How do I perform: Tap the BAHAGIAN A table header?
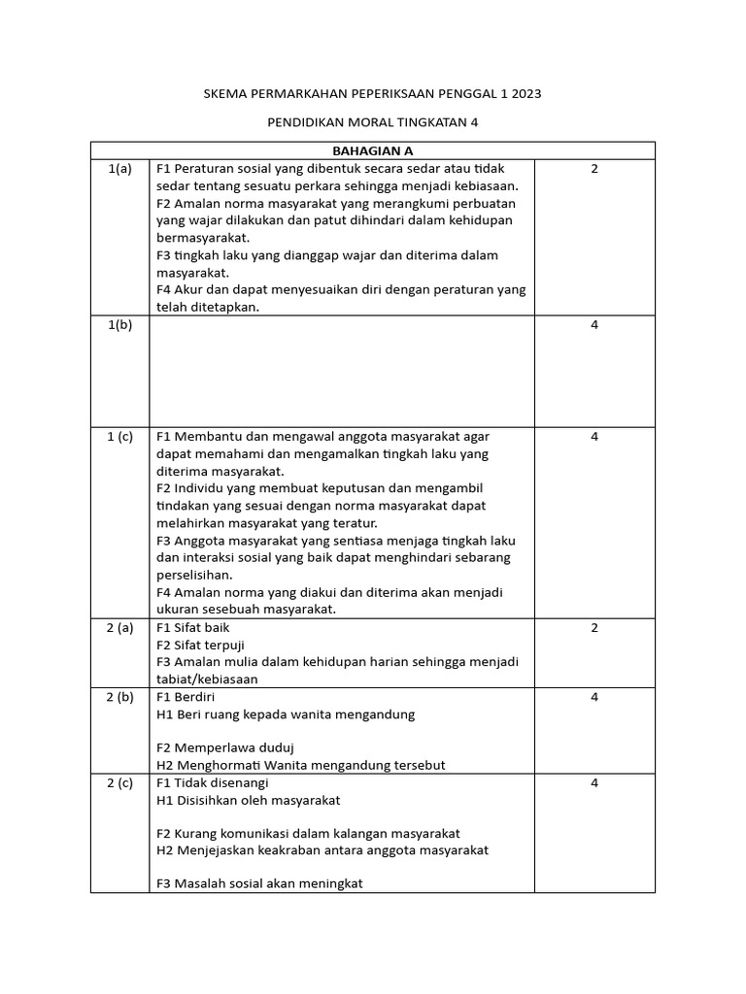point(373,150)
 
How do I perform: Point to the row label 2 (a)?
point(119,627)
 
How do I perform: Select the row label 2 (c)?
point(119,782)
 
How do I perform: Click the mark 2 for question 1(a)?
point(594,169)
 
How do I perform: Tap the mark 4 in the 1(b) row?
point(594,324)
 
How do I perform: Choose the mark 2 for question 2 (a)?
point(594,627)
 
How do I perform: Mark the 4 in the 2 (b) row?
point(594,697)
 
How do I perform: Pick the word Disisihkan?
point(210,800)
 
